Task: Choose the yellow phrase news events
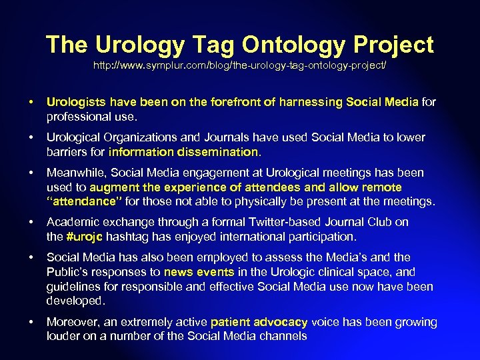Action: tap(199, 272)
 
